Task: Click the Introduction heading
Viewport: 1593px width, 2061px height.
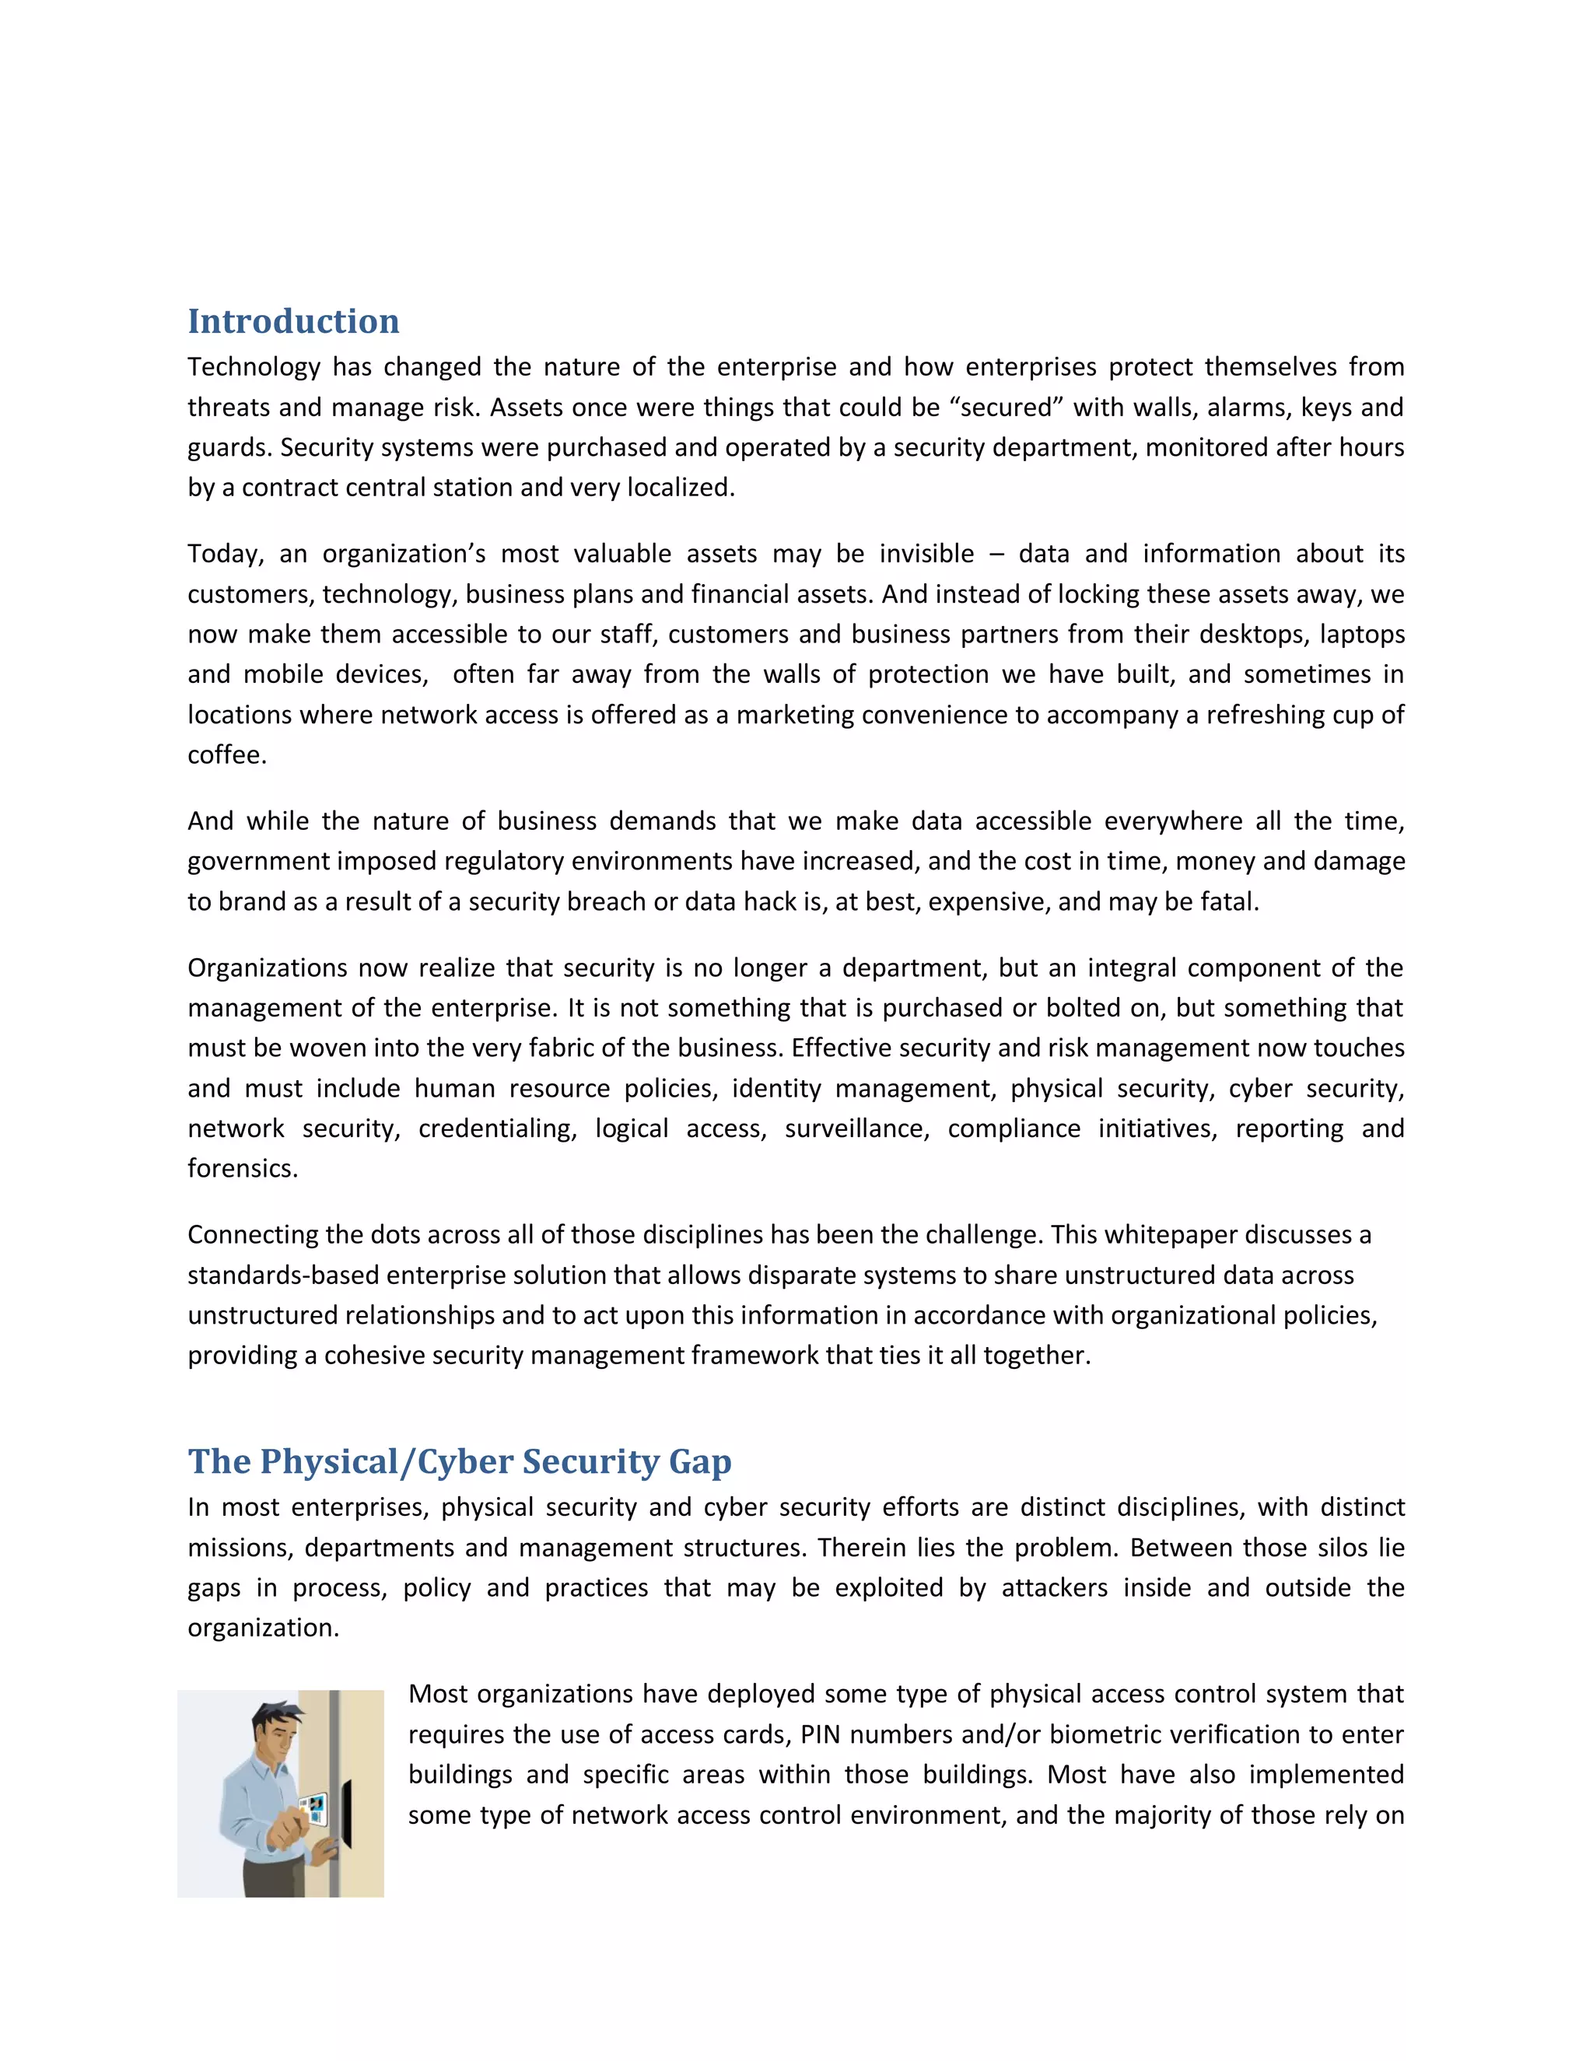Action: (292, 322)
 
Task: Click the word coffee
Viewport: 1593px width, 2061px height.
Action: (226, 755)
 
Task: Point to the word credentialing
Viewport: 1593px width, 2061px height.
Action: (496, 1128)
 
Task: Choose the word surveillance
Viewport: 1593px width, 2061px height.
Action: (856, 1128)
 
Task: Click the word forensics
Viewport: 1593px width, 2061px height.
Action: (243, 1169)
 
